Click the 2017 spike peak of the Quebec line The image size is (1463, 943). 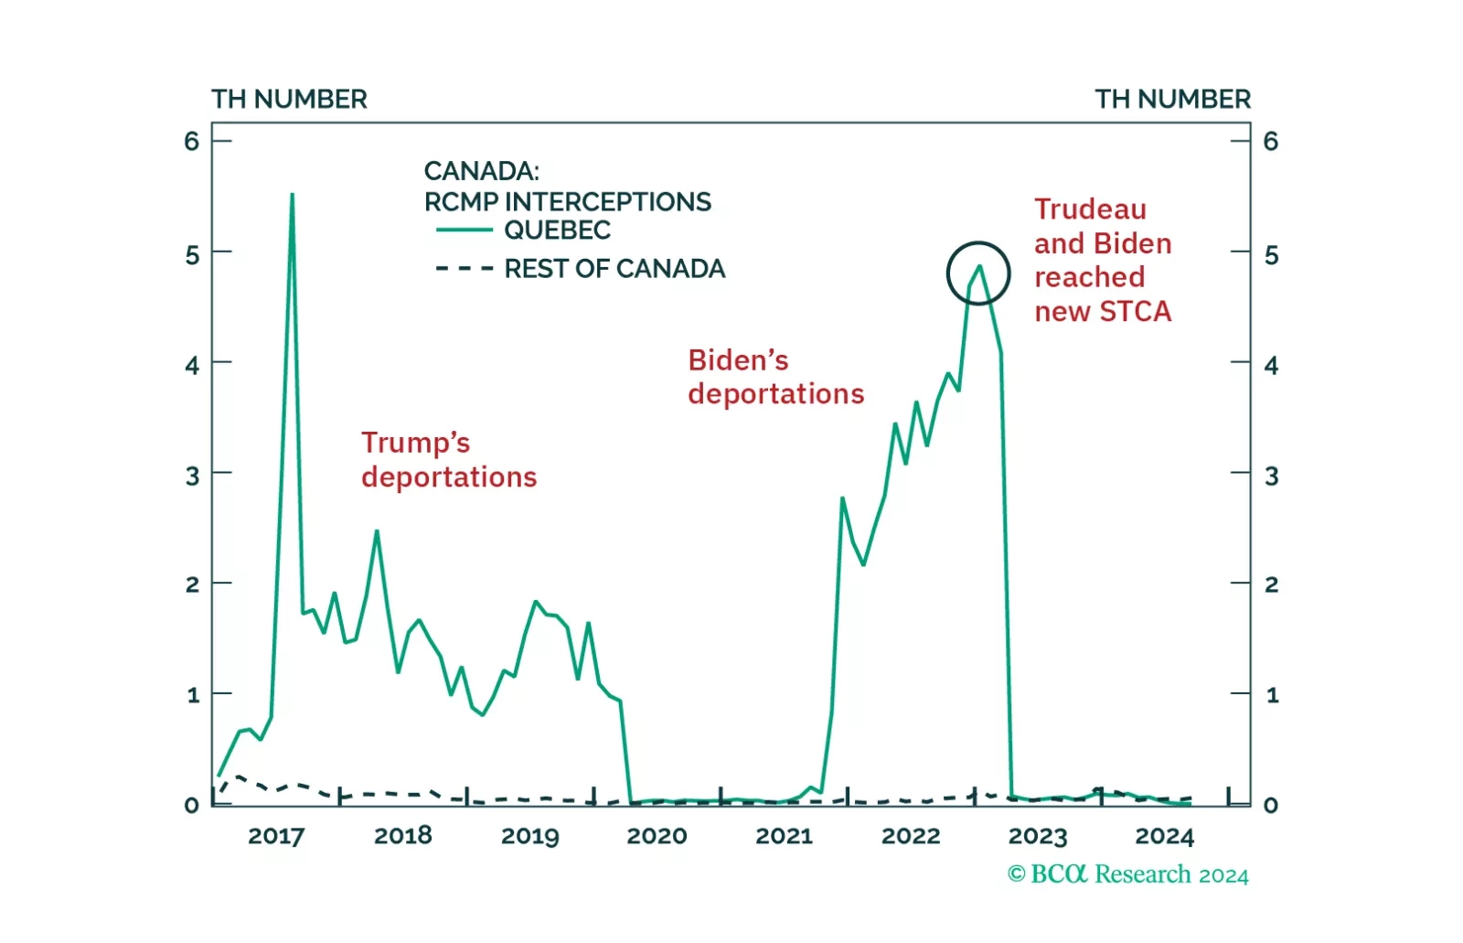(292, 195)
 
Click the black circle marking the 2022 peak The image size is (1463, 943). (977, 273)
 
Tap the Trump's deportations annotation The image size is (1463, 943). (448, 460)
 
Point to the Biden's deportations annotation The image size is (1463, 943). (775, 377)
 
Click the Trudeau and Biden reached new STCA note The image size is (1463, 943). (1102, 261)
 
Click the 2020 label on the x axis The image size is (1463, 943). (657, 836)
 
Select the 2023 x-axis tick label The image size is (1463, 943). (1038, 836)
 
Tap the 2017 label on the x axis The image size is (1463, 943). (276, 836)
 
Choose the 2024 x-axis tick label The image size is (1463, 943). (1164, 836)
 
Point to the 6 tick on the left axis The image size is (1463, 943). (191, 141)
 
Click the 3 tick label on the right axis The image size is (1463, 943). (1271, 476)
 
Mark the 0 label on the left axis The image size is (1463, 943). (191, 805)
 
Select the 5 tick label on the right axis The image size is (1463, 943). (1271, 255)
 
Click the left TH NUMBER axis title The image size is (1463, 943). (289, 99)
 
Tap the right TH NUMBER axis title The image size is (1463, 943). (1172, 99)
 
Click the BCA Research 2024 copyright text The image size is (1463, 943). (1127, 874)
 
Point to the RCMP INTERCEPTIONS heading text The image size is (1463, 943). (567, 201)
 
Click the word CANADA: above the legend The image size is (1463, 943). (481, 171)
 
